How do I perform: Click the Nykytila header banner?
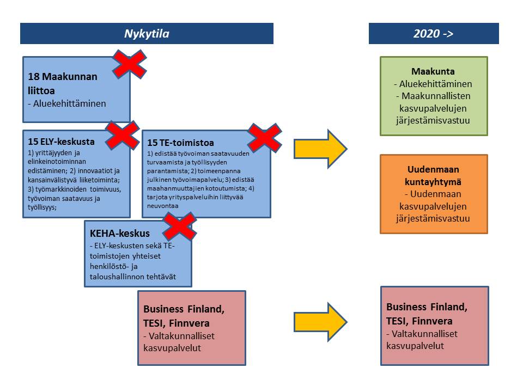pyautogui.click(x=146, y=33)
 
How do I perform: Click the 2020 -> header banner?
pyautogui.click(x=433, y=33)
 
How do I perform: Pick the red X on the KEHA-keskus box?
pyautogui.click(x=180, y=226)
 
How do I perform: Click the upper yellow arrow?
pyautogui.click(x=320, y=148)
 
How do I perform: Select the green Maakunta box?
pyautogui.click(x=433, y=96)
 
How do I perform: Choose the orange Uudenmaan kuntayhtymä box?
pyautogui.click(x=433, y=194)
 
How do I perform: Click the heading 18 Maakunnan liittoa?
pyautogui.click(x=63, y=82)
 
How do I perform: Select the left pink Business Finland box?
pyautogui.click(x=192, y=328)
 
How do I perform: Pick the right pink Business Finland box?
pyautogui.click(x=434, y=326)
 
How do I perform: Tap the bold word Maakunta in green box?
pyautogui.click(x=433, y=71)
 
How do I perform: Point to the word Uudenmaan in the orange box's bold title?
pyautogui.click(x=433, y=169)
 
